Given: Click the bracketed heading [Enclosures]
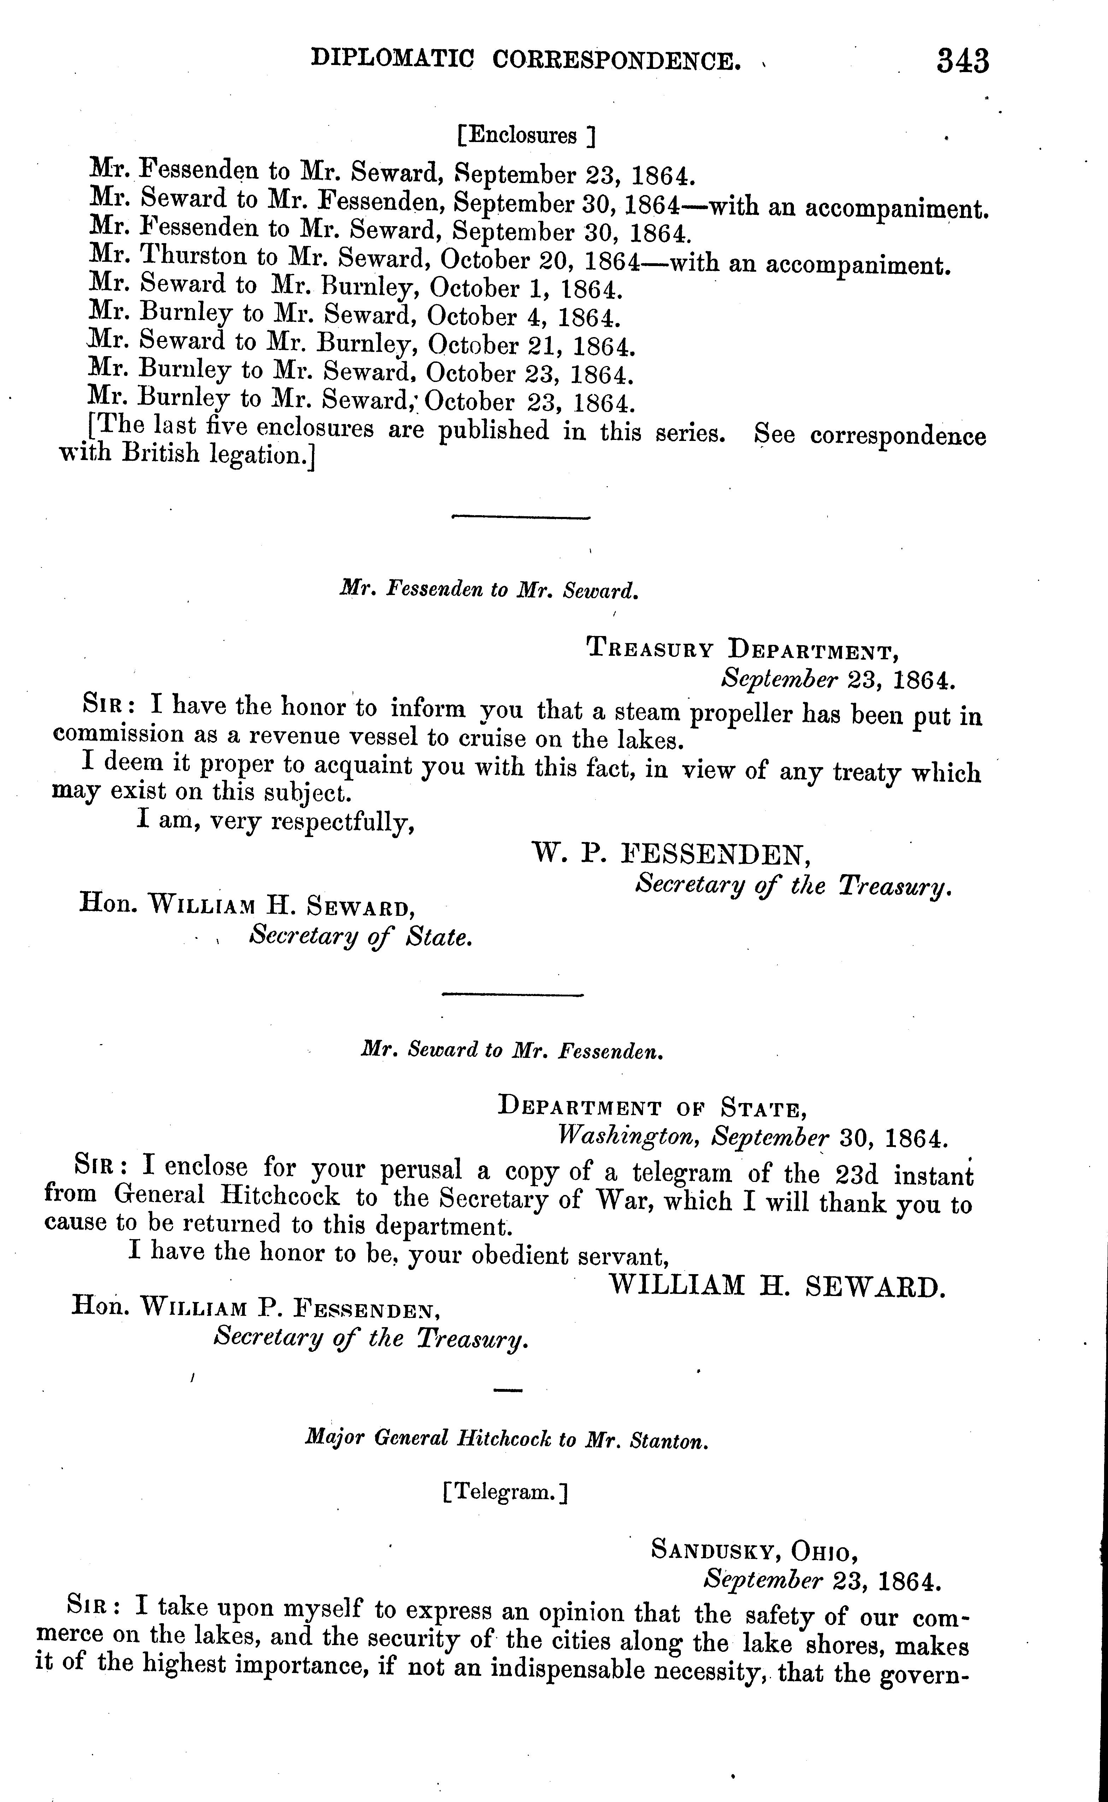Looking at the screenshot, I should [x=525, y=136].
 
